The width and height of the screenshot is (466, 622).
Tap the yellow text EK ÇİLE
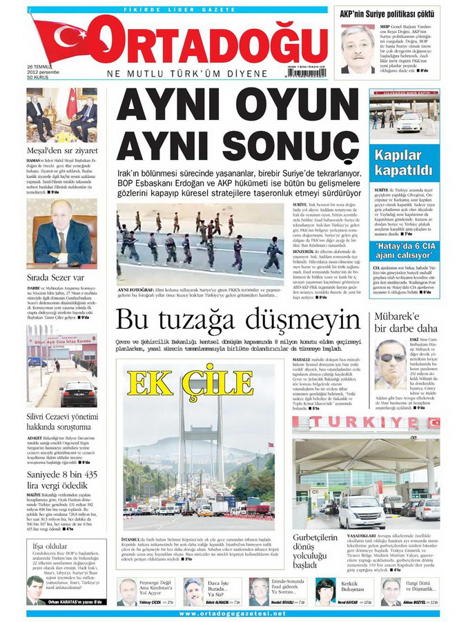[x=170, y=383]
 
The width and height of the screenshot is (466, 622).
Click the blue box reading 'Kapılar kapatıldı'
[x=404, y=162]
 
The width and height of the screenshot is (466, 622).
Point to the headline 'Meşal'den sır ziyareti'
[x=62, y=150]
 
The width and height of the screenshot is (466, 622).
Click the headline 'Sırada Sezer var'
[x=52, y=277]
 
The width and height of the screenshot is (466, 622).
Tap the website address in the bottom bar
[x=233, y=614]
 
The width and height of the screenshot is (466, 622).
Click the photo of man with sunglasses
[x=391, y=363]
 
